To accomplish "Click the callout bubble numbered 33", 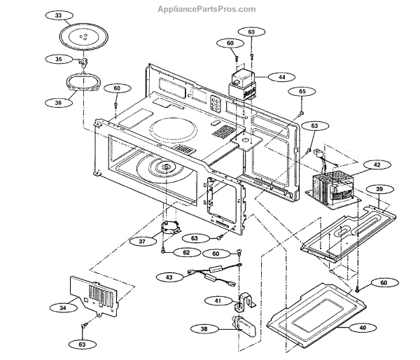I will point(57,15).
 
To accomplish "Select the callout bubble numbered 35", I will point(57,60).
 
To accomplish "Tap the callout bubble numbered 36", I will point(57,103).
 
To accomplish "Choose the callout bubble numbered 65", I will point(302,92).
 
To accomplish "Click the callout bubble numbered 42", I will point(377,165).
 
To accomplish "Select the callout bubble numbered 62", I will point(187,251).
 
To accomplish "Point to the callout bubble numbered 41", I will point(218,300).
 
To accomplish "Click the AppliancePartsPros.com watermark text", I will point(209,9).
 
